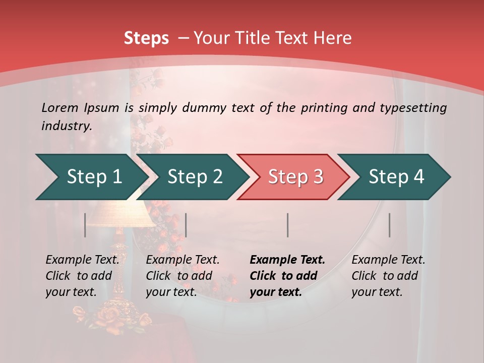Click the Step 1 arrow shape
91,177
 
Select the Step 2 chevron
194,177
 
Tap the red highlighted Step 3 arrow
295,177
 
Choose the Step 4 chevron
396,177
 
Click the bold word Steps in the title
146,38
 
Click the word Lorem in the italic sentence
59,107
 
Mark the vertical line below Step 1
85,225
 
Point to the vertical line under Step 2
186,225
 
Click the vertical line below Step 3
287,225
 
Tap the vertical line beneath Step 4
389,225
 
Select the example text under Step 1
82,276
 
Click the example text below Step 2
183,276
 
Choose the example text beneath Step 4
388,276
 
